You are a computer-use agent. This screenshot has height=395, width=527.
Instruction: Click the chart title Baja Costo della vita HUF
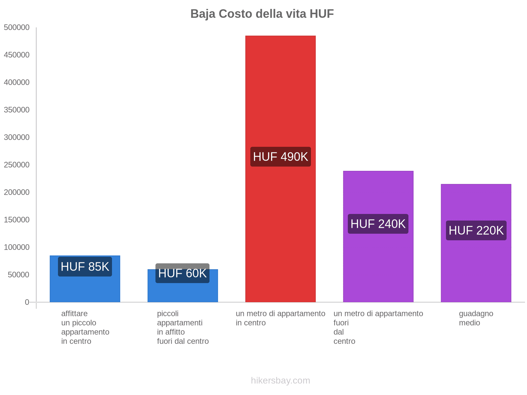[262, 14]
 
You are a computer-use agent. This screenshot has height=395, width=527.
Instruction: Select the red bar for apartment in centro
[280, 99]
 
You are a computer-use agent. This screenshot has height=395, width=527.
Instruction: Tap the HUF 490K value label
[280, 157]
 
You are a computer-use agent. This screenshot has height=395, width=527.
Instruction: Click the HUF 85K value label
[85, 267]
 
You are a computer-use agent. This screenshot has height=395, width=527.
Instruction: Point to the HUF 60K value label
[182, 273]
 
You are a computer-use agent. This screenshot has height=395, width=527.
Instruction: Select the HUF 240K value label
[378, 224]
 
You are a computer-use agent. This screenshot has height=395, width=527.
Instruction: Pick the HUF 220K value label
[476, 230]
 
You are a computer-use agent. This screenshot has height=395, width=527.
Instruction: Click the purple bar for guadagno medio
[476, 270]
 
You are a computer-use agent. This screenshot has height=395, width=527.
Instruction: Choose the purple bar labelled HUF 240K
[378, 263]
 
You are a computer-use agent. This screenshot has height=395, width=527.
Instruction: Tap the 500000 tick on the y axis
[17, 28]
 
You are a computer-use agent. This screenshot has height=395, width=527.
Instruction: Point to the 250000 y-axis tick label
[17, 165]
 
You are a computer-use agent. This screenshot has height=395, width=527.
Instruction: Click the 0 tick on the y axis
[27, 302]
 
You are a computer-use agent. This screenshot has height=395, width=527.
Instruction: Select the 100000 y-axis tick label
[17, 247]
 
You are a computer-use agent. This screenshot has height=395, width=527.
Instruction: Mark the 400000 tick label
[17, 83]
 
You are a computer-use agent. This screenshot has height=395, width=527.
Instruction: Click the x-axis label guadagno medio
[476, 318]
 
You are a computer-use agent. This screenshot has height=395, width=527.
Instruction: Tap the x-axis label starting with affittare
[85, 327]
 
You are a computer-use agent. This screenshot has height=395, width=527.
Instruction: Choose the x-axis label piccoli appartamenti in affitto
[182, 327]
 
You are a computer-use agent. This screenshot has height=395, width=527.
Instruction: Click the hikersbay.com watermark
[280, 381]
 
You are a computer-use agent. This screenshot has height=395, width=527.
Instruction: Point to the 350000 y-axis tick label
[17, 110]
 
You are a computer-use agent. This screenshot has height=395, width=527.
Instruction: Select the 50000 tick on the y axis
[19, 275]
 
